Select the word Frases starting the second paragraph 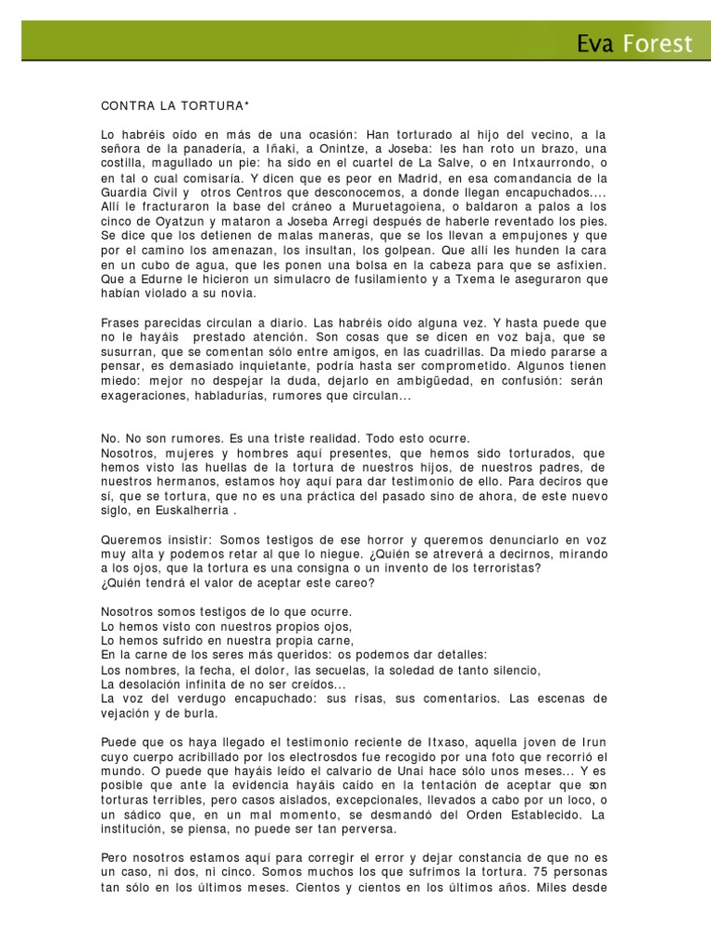(123, 323)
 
